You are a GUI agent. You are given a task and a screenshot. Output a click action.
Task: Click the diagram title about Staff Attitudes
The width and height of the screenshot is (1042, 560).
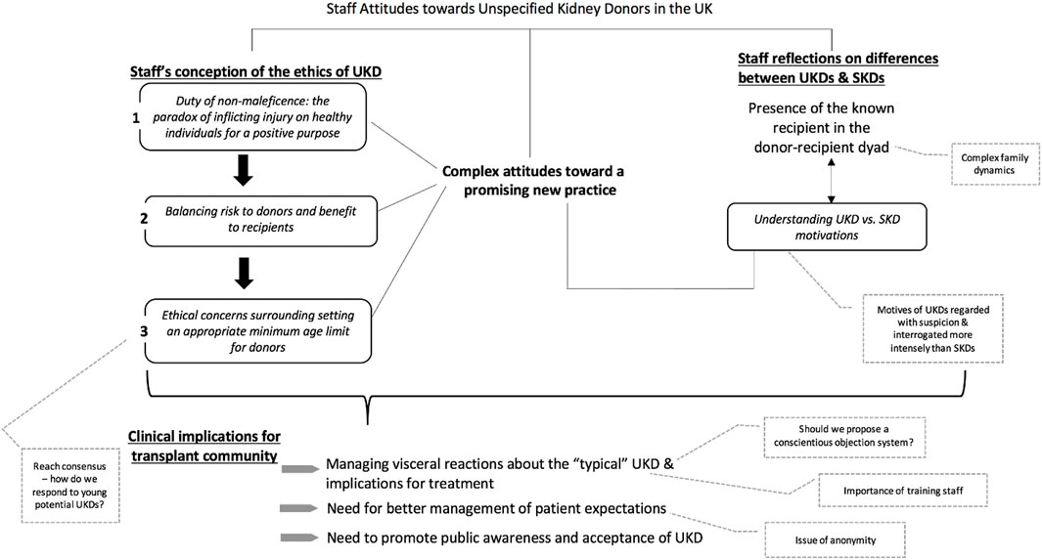point(519,10)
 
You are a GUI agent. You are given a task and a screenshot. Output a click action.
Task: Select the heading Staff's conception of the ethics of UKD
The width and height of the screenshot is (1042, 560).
point(255,71)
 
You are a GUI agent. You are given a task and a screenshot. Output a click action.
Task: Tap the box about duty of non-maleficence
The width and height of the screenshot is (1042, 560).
point(253,116)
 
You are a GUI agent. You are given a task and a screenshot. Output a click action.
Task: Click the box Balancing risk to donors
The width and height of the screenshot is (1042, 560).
point(260,221)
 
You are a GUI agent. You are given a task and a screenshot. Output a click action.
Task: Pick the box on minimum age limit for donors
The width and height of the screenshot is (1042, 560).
point(258,331)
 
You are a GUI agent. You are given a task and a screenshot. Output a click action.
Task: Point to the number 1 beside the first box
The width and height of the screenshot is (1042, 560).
point(136,118)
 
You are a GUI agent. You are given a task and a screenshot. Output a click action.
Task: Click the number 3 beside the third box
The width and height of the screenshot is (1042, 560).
point(144,330)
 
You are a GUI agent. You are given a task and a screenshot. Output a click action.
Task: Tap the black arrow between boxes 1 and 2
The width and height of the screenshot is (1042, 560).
point(244,171)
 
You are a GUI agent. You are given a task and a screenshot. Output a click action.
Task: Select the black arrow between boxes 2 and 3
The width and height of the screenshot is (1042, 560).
point(244,273)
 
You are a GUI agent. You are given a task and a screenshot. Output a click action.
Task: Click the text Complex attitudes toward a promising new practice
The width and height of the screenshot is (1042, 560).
point(533,181)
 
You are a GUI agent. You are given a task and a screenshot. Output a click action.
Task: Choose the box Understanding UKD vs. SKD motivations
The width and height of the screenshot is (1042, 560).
point(827,227)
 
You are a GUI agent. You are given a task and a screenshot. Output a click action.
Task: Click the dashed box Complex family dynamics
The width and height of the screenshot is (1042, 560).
point(995,164)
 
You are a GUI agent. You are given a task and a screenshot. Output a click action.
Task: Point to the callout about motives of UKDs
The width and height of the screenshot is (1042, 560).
point(933,328)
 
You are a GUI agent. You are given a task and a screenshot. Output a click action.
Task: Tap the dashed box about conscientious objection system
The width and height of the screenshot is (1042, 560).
point(844,436)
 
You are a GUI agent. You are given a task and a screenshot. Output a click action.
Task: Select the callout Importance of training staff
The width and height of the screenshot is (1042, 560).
point(903,491)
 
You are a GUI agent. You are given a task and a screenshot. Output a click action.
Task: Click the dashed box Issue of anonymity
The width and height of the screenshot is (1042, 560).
point(836,540)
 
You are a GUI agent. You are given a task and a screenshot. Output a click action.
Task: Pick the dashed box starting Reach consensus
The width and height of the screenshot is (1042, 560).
point(69,485)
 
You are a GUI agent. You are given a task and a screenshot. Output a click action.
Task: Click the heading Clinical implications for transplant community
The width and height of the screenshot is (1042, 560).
point(204,446)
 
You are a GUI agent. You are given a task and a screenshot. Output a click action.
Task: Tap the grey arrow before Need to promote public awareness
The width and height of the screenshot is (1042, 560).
point(299,538)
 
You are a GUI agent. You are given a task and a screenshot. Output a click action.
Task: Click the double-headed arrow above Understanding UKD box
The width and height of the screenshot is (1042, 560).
point(831,181)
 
